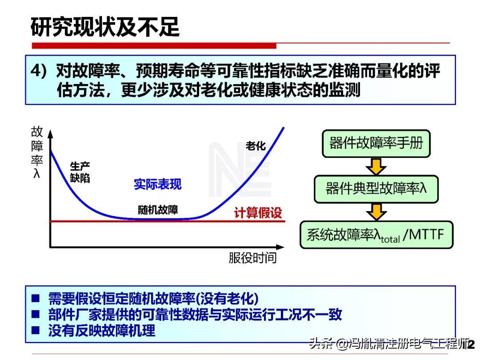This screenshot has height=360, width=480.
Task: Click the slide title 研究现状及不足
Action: [x=105, y=27]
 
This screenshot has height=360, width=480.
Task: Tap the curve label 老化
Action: [x=256, y=146]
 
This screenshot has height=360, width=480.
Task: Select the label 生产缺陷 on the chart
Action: [x=80, y=172]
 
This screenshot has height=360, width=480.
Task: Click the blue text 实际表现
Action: [x=157, y=184]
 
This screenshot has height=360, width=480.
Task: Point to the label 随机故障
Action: [x=158, y=210]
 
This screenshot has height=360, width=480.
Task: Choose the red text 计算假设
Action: [x=258, y=212]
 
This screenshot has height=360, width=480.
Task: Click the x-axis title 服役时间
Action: [x=252, y=258]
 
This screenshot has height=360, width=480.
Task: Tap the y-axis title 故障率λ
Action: [x=37, y=152]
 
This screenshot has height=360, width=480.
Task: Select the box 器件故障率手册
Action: [x=376, y=144]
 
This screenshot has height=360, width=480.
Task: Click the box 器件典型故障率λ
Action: [x=376, y=189]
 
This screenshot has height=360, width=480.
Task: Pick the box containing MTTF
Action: [x=376, y=235]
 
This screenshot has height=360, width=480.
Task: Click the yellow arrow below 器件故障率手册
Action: [x=376, y=167]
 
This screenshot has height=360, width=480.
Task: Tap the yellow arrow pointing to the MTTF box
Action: [x=376, y=212]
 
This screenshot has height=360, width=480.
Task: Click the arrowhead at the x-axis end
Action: [x=280, y=247]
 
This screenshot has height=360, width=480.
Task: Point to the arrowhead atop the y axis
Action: [x=51, y=134]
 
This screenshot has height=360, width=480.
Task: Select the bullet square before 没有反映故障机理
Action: [x=36, y=330]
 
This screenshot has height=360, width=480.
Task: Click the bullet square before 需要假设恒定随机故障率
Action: [x=36, y=298]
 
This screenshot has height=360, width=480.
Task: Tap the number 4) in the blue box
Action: [x=38, y=71]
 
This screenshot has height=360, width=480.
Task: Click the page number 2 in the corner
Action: [x=471, y=344]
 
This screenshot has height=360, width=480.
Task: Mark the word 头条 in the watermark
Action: [x=321, y=344]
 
